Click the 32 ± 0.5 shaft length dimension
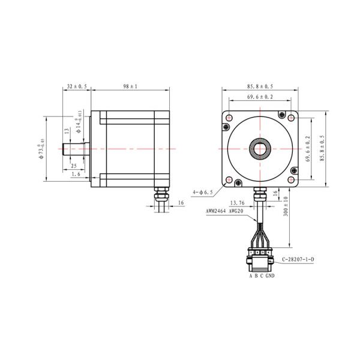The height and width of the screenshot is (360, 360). pos(77,86)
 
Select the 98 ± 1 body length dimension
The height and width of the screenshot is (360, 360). pos(130,86)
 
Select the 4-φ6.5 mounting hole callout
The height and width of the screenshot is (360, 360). pos(202,193)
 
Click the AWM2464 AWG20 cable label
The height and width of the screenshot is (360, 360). pos(224,211)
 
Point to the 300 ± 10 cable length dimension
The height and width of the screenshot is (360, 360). pos(286,206)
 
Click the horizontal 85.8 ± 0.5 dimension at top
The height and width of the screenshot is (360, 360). pos(260,86)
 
